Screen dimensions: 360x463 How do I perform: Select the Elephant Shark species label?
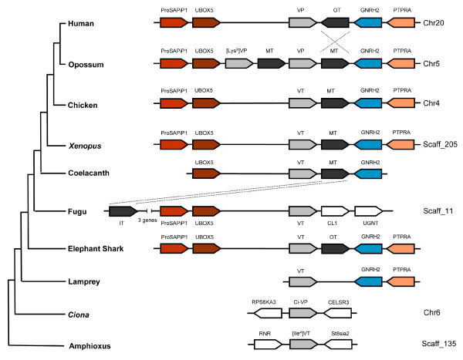pyautogui.click(x=93, y=249)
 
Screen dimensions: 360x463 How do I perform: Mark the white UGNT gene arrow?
pyautogui.click(x=369, y=210)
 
